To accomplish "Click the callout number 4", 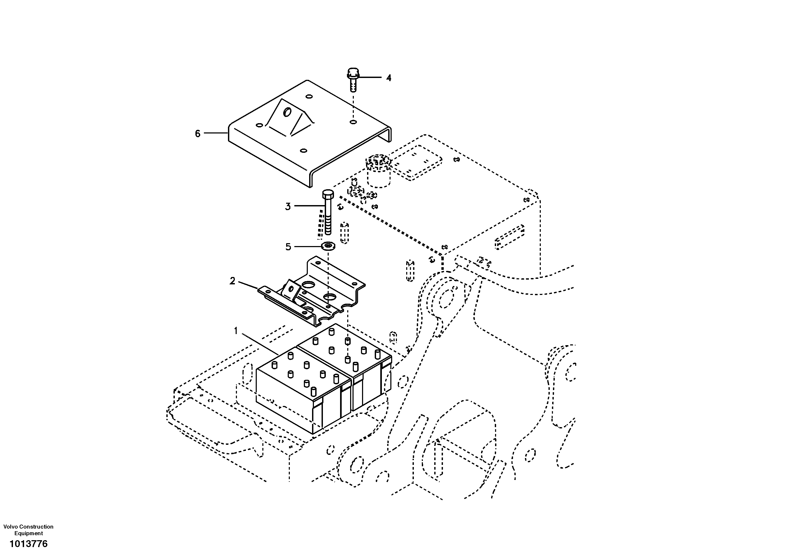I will (x=388, y=78).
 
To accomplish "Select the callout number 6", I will (x=198, y=134).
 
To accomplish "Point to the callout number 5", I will (x=288, y=247).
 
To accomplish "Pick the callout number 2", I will (x=232, y=281).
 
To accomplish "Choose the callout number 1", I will (x=236, y=331).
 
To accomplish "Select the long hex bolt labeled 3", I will (x=328, y=216).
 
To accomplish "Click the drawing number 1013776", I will (x=29, y=544).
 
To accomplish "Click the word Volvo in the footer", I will (x=11, y=526).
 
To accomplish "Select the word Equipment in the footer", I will (x=29, y=533).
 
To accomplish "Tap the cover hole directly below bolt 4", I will (x=353, y=122).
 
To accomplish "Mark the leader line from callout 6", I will (x=216, y=133).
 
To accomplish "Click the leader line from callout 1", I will (x=260, y=344).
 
